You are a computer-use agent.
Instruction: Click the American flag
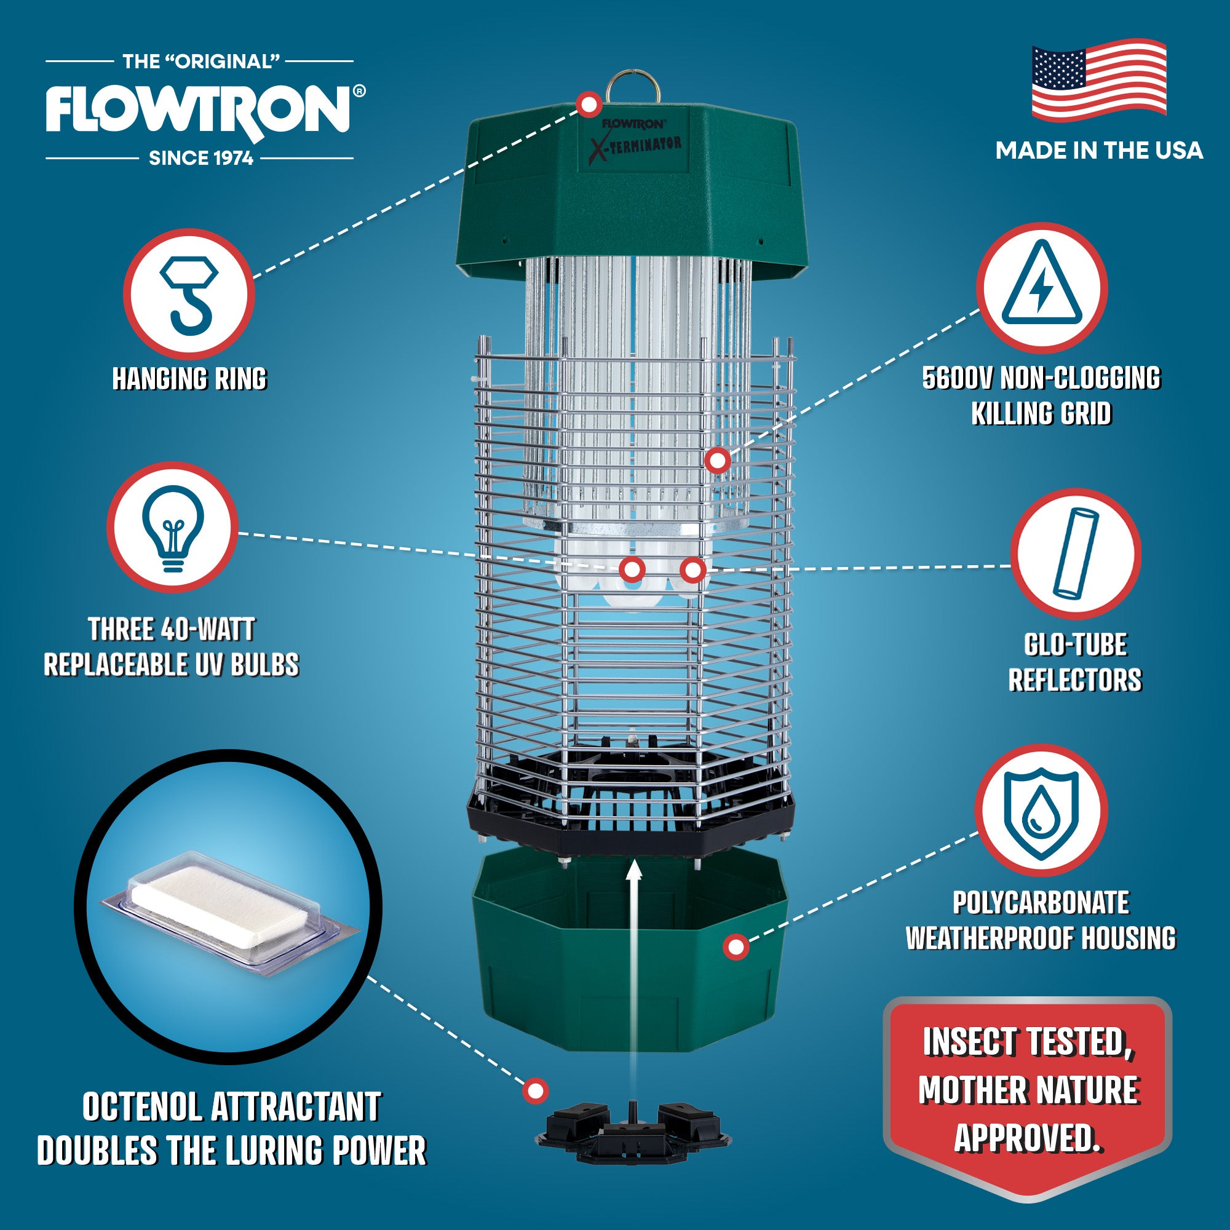click(1099, 81)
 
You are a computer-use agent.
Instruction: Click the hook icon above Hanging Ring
click(189, 295)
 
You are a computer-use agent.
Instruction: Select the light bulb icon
click(173, 528)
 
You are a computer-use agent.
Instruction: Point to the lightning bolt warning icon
click(1042, 288)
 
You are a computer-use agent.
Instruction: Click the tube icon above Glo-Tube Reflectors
click(1075, 553)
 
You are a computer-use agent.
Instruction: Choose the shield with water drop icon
click(1041, 811)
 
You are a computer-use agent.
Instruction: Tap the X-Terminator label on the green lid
click(635, 146)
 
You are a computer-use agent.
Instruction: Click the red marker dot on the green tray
click(736, 946)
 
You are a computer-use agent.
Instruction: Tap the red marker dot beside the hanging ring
click(589, 103)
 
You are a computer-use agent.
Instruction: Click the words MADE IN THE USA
click(1099, 151)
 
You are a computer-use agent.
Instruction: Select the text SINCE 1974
click(201, 158)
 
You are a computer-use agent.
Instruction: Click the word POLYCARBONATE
click(1041, 902)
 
